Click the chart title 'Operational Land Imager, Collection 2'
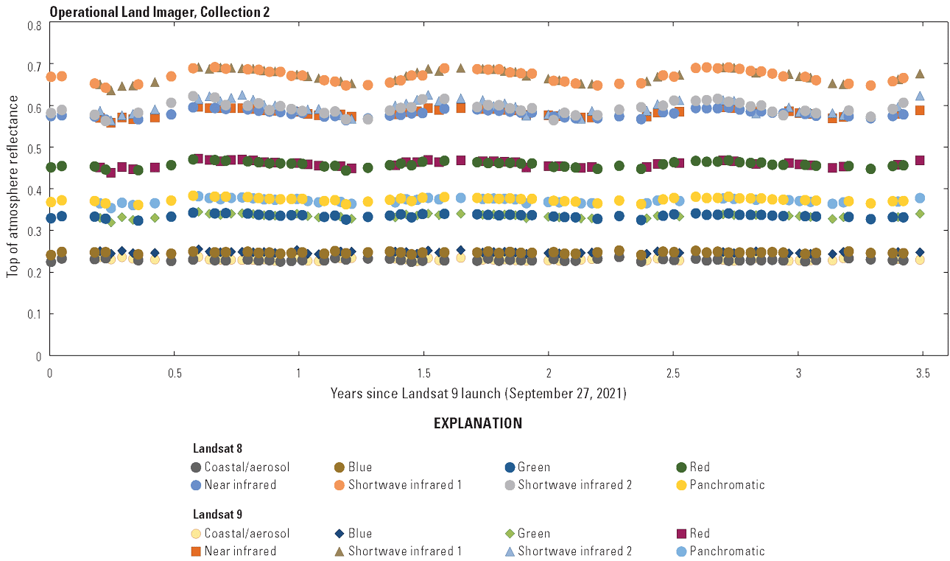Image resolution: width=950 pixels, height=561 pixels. pyautogui.click(x=159, y=12)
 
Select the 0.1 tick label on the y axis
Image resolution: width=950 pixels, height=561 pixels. pyautogui.click(x=35, y=314)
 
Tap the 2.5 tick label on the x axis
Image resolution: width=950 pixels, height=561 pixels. pyautogui.click(x=672, y=374)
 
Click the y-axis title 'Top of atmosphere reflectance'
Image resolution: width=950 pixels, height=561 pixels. pyautogui.click(x=13, y=190)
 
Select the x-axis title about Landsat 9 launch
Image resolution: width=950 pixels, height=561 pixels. pyautogui.click(x=478, y=394)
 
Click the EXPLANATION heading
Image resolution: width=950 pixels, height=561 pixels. pyautogui.click(x=478, y=424)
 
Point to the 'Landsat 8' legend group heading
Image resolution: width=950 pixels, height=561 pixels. pyautogui.click(x=218, y=448)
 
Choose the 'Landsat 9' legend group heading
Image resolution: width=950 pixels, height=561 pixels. pyautogui.click(x=218, y=515)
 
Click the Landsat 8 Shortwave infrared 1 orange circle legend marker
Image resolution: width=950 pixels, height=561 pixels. pyautogui.click(x=339, y=485)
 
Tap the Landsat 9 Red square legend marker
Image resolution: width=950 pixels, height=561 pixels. pyautogui.click(x=682, y=534)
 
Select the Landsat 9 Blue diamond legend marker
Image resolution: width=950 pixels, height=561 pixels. pyautogui.click(x=339, y=534)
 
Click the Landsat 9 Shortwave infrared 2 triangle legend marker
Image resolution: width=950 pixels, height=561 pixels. pyautogui.click(x=509, y=551)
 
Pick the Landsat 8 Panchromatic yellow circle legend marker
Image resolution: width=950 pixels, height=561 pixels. pyautogui.click(x=682, y=485)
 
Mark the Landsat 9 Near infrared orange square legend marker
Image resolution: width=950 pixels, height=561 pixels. pyautogui.click(x=196, y=551)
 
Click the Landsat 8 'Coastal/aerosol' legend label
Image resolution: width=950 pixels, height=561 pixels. pyautogui.click(x=247, y=467)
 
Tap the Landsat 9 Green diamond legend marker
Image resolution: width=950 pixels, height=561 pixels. pyautogui.click(x=509, y=534)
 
